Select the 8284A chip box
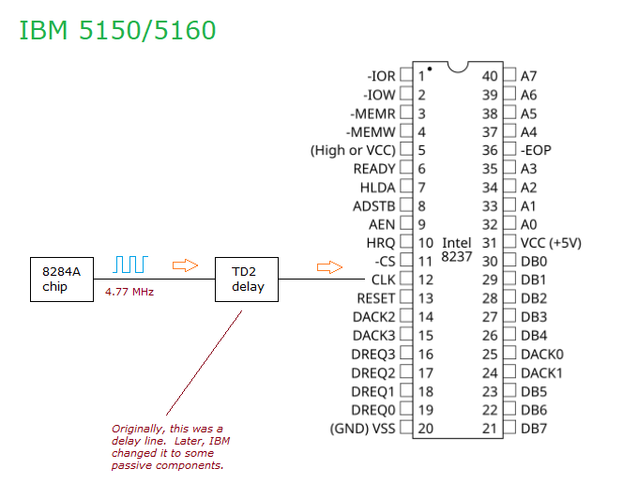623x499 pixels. (x=61, y=280)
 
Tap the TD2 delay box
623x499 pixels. (x=247, y=280)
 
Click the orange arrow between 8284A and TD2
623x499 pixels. (x=186, y=266)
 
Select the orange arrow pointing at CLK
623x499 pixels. (x=329, y=268)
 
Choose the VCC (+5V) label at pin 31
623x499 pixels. (x=551, y=242)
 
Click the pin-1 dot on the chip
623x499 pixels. (x=430, y=68)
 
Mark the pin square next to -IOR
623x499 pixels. (x=406, y=75)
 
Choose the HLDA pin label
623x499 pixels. (x=378, y=187)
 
